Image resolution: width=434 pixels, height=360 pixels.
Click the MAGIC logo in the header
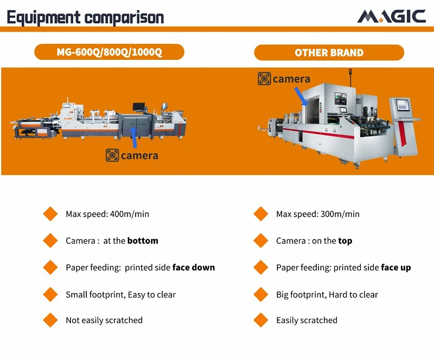391,16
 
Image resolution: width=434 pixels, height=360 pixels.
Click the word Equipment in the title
43,17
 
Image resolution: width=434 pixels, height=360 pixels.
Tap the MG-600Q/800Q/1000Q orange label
110,52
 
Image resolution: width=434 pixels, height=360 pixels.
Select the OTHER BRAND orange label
329,52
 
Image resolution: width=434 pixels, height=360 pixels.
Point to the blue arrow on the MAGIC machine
134,137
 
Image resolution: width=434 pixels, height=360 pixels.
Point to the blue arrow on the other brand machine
301,97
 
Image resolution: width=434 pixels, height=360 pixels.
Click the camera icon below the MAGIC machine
112,155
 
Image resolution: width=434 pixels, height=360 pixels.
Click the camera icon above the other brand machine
264,79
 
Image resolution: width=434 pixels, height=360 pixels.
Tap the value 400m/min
130,214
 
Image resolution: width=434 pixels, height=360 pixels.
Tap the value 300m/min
340,214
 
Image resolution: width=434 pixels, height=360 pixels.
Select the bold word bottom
143,241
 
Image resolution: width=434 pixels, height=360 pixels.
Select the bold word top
345,241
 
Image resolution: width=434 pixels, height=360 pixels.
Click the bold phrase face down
194,268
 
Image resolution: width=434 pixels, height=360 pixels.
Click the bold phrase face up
396,268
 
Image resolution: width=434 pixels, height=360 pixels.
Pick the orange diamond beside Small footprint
50,294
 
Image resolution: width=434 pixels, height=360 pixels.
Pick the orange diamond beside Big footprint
261,294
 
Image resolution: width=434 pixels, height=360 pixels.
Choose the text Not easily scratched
104,320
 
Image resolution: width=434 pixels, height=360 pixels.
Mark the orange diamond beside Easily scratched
261,320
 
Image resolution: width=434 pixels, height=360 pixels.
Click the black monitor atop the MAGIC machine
139,106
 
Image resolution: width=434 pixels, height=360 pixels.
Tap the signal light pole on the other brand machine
350,78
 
